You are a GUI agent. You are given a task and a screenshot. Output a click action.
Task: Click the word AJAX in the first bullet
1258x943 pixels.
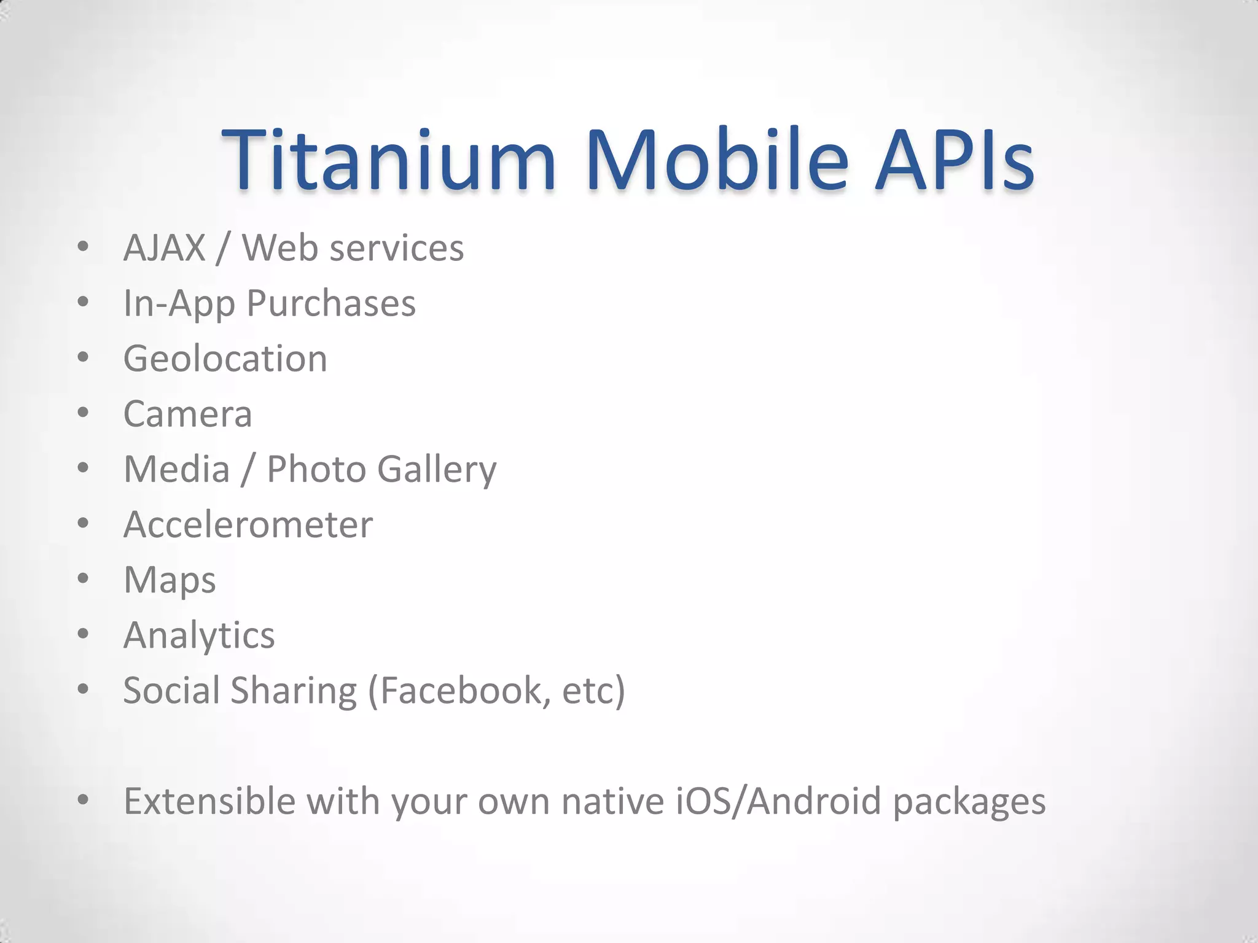click(x=165, y=248)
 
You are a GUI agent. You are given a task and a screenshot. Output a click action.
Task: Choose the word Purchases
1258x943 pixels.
click(x=331, y=303)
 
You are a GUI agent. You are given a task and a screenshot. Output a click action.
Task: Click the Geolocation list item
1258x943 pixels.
click(x=225, y=359)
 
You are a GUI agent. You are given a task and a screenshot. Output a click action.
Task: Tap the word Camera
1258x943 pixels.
click(x=188, y=414)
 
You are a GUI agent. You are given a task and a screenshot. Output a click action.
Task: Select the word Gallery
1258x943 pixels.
click(x=437, y=470)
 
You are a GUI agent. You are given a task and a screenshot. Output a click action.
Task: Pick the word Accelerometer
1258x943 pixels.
click(x=248, y=525)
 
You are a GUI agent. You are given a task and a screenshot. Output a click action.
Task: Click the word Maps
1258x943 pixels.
click(x=170, y=580)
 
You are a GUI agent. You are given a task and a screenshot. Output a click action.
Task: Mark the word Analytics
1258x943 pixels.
click(x=199, y=635)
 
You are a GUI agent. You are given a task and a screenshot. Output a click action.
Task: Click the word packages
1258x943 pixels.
click(x=969, y=802)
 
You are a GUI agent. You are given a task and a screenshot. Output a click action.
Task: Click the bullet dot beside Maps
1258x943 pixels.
click(x=83, y=578)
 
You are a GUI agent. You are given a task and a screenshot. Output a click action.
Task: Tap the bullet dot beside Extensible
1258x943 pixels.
click(x=83, y=799)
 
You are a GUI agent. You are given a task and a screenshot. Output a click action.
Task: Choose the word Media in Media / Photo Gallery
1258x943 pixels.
click(x=177, y=470)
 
